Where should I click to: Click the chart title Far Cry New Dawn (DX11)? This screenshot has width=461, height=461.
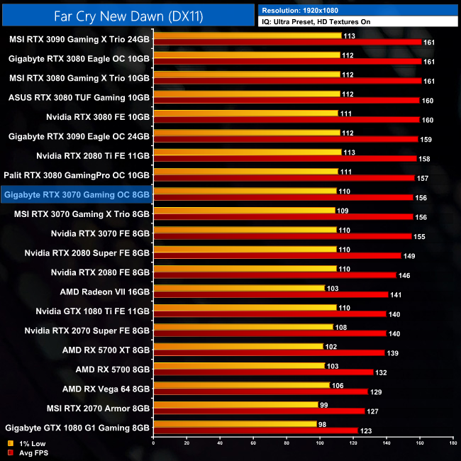[x=128, y=14]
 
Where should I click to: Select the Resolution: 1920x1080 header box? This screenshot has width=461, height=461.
[x=358, y=10]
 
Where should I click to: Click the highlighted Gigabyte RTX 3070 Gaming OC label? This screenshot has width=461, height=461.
[x=76, y=194]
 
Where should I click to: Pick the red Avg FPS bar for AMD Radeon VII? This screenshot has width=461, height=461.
[x=270, y=294]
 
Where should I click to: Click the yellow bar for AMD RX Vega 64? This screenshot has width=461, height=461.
[x=241, y=385]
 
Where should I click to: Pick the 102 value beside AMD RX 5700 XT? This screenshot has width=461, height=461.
[x=331, y=347]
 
